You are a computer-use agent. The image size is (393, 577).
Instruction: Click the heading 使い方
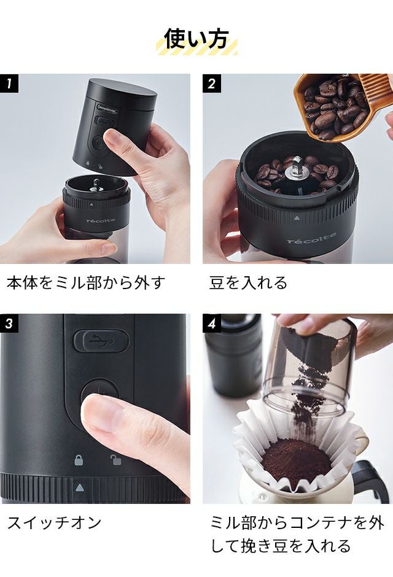tap(196, 39)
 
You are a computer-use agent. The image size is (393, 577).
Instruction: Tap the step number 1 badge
tap(9, 83)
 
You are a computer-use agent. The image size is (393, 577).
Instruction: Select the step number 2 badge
tap(212, 83)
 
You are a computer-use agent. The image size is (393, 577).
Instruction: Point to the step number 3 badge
tap(9, 323)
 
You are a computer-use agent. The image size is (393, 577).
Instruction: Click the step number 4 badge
tap(212, 323)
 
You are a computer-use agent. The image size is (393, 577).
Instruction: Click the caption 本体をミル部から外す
tap(86, 282)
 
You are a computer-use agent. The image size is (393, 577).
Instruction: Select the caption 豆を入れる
tap(248, 282)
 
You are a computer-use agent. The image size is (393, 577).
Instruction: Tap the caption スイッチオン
tap(54, 522)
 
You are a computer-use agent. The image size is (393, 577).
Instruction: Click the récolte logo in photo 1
tap(101, 221)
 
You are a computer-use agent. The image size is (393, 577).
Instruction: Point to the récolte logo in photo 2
tap(311, 238)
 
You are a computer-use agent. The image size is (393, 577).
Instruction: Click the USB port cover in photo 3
tap(101, 341)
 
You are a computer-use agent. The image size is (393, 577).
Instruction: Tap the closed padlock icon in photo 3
tap(79, 460)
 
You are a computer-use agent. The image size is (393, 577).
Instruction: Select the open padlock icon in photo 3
tap(116, 460)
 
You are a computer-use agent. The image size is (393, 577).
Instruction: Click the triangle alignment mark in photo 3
tap(79, 487)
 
